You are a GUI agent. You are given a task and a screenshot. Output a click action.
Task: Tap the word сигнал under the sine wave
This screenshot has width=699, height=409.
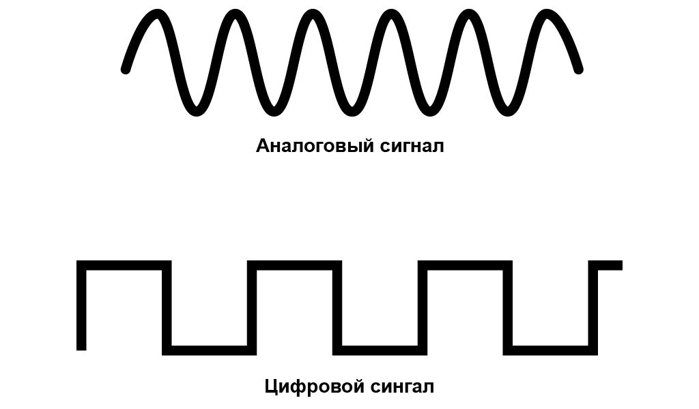pyautogui.click(x=412, y=147)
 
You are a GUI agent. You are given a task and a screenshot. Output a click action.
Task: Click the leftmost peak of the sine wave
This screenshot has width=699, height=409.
pyautogui.click(x=158, y=14)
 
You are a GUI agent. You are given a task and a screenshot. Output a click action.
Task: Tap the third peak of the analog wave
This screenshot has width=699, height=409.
pyautogui.click(x=313, y=14)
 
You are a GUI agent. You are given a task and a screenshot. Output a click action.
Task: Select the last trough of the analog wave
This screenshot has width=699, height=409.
pyautogui.click(x=508, y=111)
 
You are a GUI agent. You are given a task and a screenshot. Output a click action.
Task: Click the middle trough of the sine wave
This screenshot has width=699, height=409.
pyautogui.click(x=352, y=111)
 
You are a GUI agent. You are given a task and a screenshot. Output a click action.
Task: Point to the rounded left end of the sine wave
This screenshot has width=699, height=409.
pyautogui.click(x=126, y=69)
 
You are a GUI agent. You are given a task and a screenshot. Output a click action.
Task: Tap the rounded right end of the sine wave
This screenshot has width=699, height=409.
pyautogui.click(x=578, y=69)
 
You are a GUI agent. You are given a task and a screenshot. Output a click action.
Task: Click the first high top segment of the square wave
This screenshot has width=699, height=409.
pyautogui.click(x=124, y=265)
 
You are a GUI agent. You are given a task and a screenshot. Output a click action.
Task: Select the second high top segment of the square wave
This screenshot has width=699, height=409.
pyautogui.click(x=294, y=265)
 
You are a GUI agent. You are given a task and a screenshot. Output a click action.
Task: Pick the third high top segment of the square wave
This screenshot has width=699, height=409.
pyautogui.click(x=465, y=265)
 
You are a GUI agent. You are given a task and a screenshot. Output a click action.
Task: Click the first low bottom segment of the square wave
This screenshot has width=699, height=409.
pyautogui.click(x=209, y=350)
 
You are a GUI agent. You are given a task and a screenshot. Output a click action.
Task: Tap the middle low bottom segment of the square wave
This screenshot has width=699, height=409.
pyautogui.click(x=380, y=350)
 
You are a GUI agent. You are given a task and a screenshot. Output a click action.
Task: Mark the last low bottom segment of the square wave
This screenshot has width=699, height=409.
pyautogui.click(x=551, y=350)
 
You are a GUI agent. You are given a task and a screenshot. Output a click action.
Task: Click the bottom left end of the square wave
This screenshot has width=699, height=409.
pyautogui.click(x=82, y=350)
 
